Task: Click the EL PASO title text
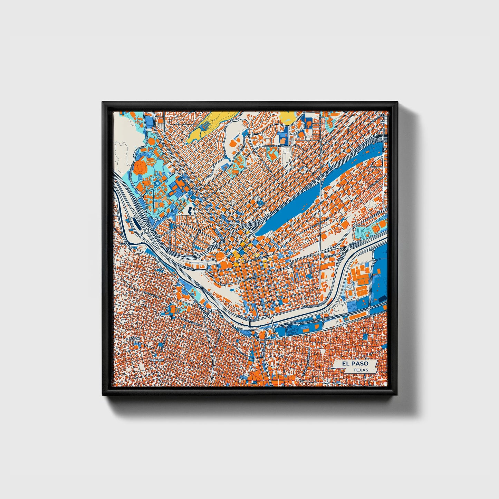click(x=355, y=364)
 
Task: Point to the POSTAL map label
click(x=134, y=338)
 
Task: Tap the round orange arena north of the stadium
click(x=151, y=142)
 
